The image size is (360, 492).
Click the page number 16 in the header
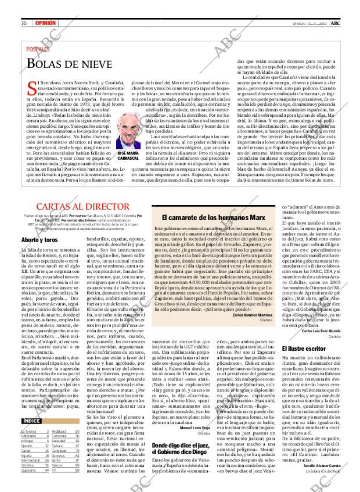24,6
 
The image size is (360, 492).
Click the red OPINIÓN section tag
45,6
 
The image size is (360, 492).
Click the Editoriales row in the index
30,436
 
